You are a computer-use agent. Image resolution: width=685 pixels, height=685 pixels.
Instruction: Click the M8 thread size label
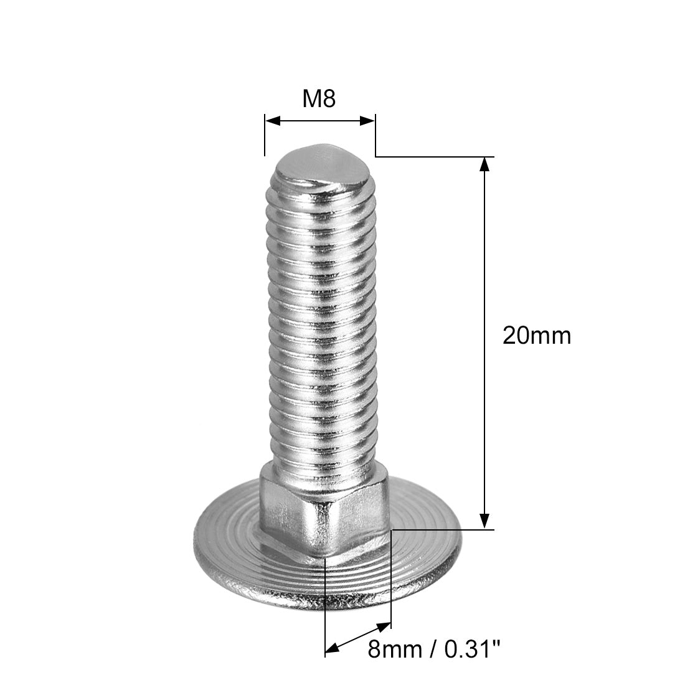point(319,98)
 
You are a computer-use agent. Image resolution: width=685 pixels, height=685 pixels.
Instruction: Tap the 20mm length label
point(536,336)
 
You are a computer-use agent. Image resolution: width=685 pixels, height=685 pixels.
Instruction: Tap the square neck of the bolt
point(324,511)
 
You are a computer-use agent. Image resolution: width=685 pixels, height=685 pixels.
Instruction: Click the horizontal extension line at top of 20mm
point(436,156)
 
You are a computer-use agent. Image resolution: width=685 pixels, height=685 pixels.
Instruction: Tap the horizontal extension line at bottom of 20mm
point(442,530)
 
